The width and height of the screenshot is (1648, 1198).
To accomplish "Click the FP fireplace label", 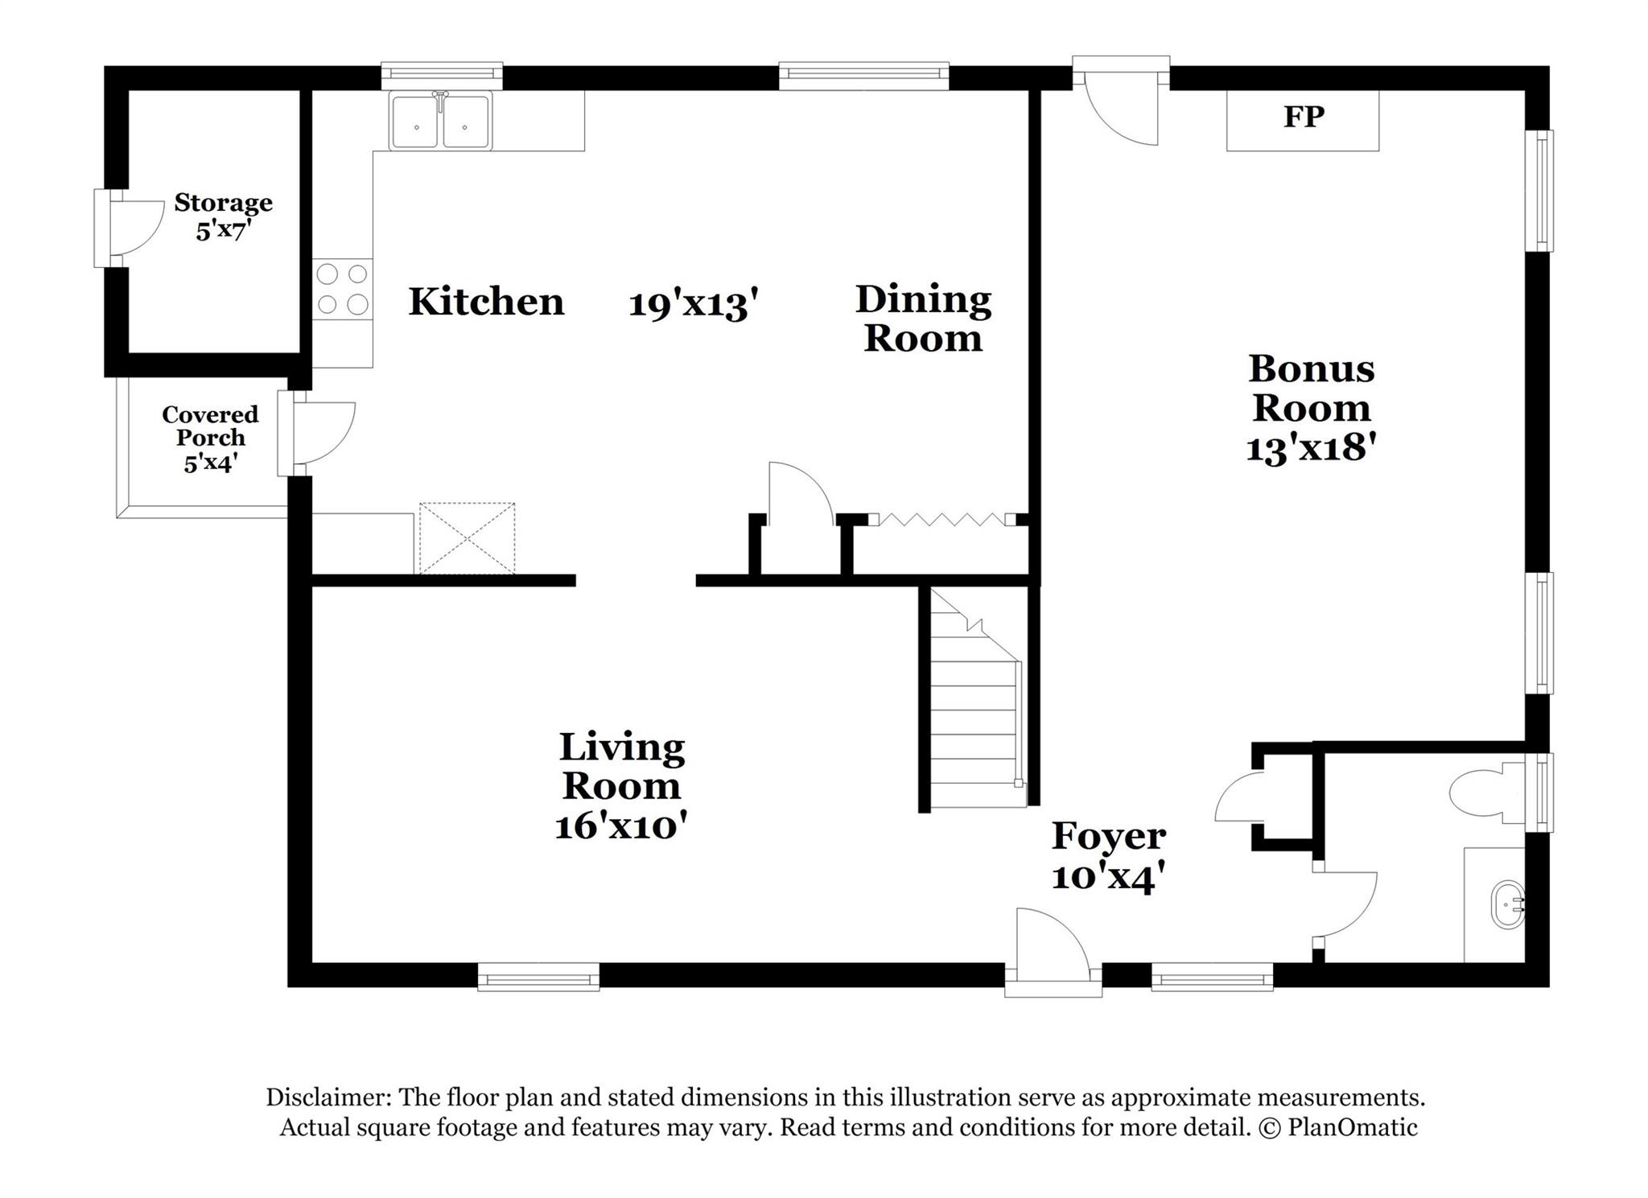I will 1303,117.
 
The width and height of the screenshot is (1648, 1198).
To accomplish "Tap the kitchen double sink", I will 440,121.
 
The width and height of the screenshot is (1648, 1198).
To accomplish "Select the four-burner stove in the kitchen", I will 342,289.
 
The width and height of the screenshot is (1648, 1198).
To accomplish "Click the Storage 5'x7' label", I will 223,216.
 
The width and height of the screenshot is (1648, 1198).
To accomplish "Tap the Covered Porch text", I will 210,426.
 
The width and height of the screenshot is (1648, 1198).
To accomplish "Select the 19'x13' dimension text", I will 694,305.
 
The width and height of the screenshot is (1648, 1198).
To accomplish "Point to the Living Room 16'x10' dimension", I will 620,826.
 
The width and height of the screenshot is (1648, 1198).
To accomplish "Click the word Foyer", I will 1108,836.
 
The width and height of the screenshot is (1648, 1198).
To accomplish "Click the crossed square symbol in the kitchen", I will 467,538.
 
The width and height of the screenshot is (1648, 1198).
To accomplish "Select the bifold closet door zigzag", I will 941,521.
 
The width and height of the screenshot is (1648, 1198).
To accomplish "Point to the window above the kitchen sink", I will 441,75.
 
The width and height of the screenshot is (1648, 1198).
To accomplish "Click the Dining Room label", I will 922,319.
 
